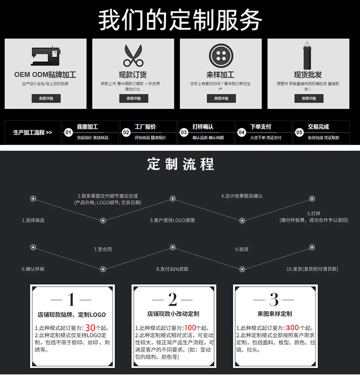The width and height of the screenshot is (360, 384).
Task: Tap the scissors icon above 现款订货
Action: pyautogui.click(x=133, y=56)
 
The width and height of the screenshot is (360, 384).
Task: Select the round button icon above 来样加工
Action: pyautogui.click(x=220, y=56)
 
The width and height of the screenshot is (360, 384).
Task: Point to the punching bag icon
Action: pyautogui.click(x=308, y=56)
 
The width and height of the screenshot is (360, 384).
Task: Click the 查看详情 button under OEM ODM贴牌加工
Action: pyautogui.click(x=46, y=98)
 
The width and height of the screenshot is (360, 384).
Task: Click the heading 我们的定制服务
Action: pyautogui.click(x=180, y=20)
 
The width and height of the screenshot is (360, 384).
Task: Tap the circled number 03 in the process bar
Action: pyautogui.click(x=184, y=132)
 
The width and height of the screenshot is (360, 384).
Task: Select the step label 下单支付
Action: pyautogui.click(x=261, y=127)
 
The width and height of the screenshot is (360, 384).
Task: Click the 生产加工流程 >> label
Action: pyautogui.click(x=33, y=132)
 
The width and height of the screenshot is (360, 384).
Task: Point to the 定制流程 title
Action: pyautogui.click(x=180, y=164)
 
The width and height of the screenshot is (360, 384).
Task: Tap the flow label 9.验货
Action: pyautogui.click(x=242, y=250)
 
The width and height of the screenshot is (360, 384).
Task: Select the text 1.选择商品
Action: pyautogui.click(x=33, y=220)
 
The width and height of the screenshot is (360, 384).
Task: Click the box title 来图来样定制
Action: pyautogui.click(x=275, y=314)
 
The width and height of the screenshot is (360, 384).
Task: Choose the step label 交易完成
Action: pyautogui.click(x=318, y=127)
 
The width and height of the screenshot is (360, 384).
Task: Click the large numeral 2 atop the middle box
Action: pyautogui.click(x=173, y=300)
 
